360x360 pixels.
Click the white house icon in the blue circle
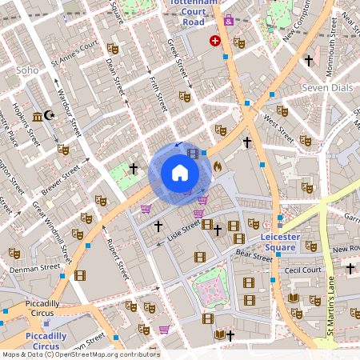[180, 173]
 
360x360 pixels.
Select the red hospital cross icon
[215, 40]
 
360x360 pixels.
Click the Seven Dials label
[326, 86]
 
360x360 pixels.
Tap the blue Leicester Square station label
[289, 242]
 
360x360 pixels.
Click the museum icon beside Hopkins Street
[38, 118]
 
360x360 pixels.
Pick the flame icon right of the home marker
[217, 166]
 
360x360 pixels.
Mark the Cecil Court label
[303, 270]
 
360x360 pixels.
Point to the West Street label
[278, 126]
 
